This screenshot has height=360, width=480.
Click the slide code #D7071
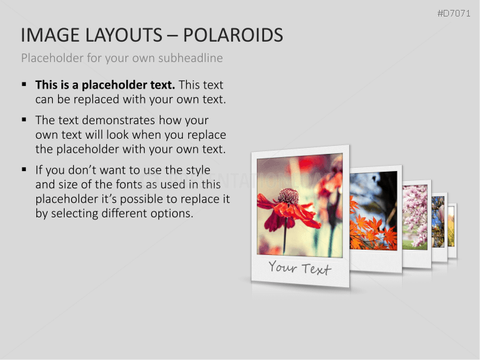coord(454,13)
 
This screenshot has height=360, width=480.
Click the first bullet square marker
coord(24,85)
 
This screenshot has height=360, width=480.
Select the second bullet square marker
coord(24,120)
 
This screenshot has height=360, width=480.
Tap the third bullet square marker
coord(24,170)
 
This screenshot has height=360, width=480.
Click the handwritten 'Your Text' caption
coord(300,268)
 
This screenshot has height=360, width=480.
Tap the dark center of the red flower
coord(288,196)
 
